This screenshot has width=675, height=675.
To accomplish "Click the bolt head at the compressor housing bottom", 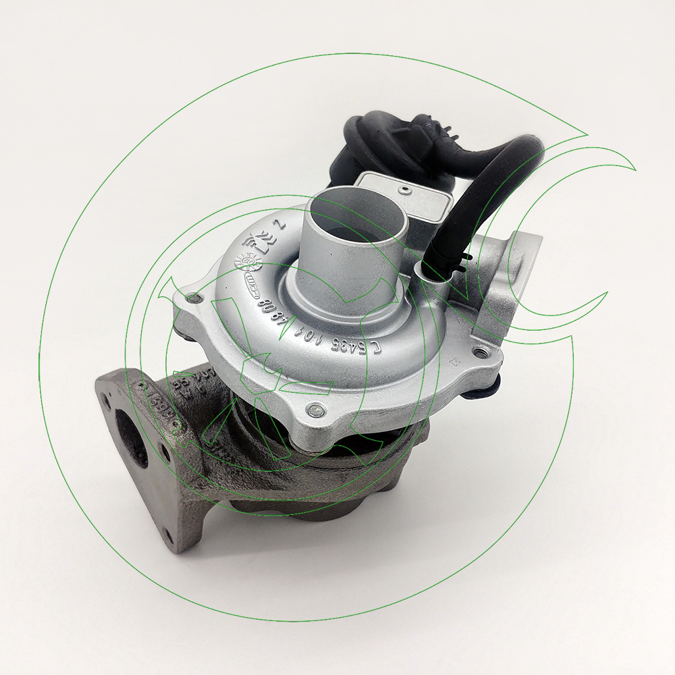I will tap(315, 409).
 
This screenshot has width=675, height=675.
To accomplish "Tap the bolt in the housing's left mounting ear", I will tap(195, 297).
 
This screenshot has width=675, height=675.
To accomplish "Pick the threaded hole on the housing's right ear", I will tap(480, 352).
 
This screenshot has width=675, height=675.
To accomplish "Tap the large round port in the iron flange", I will tap(130, 439).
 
